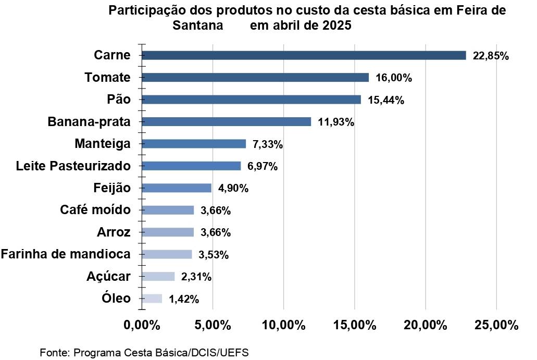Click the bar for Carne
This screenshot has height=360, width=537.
(303, 55)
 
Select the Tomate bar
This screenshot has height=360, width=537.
(255, 78)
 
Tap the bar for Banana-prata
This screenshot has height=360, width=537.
(226, 122)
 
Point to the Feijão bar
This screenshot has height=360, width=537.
(176, 188)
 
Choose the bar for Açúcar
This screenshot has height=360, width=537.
(158, 277)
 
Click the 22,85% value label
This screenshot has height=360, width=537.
(490, 56)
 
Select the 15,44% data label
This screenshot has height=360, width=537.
(386, 100)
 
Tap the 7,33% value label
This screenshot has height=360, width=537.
(265, 144)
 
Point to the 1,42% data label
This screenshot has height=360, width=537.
(184, 299)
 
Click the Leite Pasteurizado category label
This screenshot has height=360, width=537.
(73, 166)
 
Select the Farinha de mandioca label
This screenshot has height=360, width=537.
(66, 254)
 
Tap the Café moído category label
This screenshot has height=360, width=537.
(95, 210)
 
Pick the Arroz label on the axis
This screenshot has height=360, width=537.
(114, 232)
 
